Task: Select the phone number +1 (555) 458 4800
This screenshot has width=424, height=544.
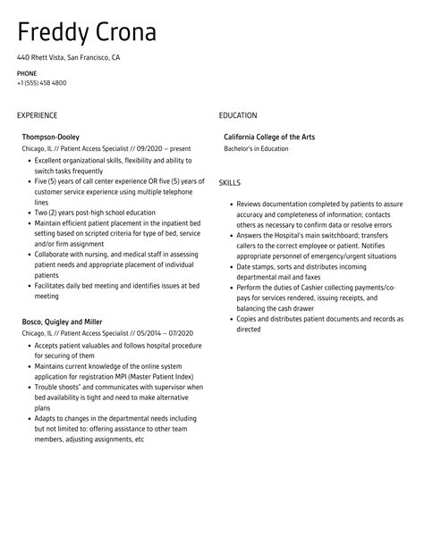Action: (x=41, y=83)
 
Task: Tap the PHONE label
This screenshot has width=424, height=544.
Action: (x=27, y=72)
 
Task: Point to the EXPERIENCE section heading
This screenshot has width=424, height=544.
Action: (x=37, y=115)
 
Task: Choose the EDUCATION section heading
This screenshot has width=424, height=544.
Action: (x=237, y=115)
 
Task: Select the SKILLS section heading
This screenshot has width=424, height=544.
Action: (x=229, y=182)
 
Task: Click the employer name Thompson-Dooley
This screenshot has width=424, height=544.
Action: (x=51, y=137)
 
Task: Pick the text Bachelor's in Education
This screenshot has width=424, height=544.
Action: (x=257, y=148)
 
